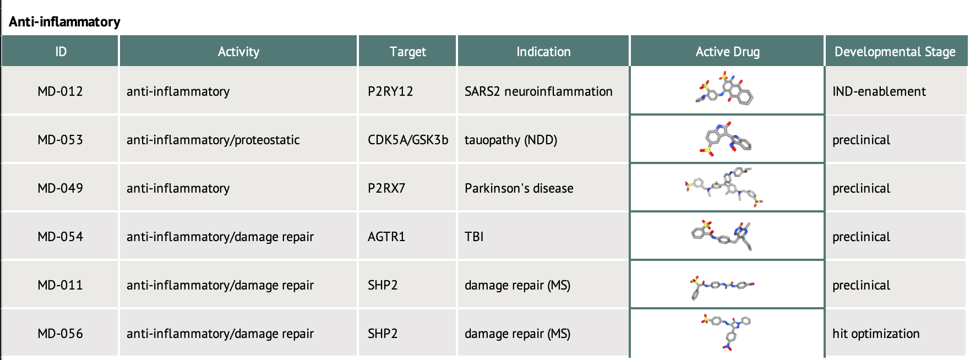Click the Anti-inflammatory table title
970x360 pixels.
click(x=64, y=21)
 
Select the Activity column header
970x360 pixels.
click(x=238, y=52)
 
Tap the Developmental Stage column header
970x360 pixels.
click(x=895, y=52)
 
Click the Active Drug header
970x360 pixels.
click(x=727, y=52)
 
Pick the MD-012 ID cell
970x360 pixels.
click(x=60, y=91)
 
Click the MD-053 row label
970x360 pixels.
click(x=60, y=140)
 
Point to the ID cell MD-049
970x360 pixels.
click(x=60, y=188)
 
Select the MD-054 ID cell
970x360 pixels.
click(x=60, y=237)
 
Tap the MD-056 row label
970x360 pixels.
click(x=60, y=334)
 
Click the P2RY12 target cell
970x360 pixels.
click(x=390, y=91)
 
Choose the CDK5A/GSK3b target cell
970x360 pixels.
click(x=408, y=140)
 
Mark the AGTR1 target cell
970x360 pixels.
click(x=386, y=237)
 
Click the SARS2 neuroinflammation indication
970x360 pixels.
click(x=538, y=91)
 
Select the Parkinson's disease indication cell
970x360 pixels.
click(x=519, y=188)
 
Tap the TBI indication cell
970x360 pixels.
click(x=474, y=237)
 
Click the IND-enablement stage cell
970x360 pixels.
click(x=879, y=91)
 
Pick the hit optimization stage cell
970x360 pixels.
click(x=876, y=334)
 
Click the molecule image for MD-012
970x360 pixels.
click(x=724, y=88)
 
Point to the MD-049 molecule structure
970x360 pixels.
click(x=724, y=187)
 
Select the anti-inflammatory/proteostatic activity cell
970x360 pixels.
click(x=213, y=140)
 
